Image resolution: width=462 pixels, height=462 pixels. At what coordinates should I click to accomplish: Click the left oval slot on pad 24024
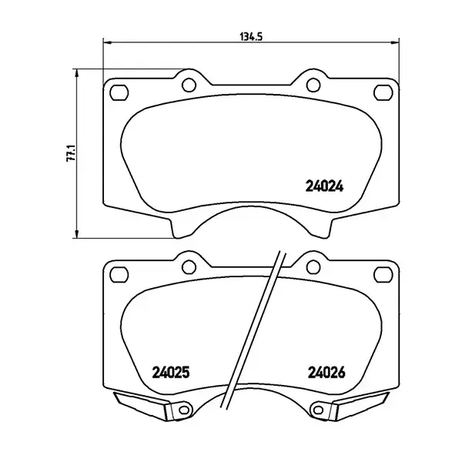(119, 92)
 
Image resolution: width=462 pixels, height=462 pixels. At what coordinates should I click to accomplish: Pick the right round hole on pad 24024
(311, 83)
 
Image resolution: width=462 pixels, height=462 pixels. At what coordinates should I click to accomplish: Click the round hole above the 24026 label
(311, 266)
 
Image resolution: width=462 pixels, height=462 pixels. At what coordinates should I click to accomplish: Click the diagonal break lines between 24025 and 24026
(254, 331)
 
